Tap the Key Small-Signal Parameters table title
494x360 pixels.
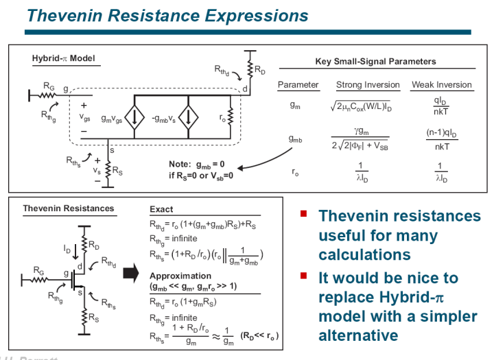(x=375, y=62)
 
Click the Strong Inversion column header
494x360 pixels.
(x=368, y=85)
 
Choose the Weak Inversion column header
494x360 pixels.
(x=442, y=85)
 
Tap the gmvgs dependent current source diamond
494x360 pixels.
(x=136, y=118)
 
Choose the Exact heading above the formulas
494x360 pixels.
(x=161, y=209)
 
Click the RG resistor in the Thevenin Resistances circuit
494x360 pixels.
(x=42, y=275)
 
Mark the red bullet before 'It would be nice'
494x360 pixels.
(x=302, y=276)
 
